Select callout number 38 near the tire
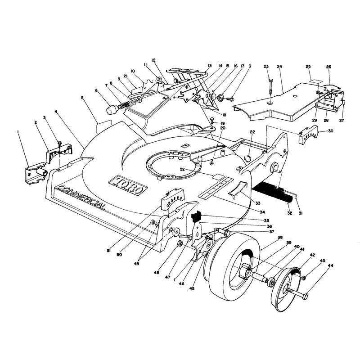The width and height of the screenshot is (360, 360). click(280, 238)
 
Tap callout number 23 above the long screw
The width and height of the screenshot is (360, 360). click(266, 67)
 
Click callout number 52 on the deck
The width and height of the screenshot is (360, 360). click(182, 169)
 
